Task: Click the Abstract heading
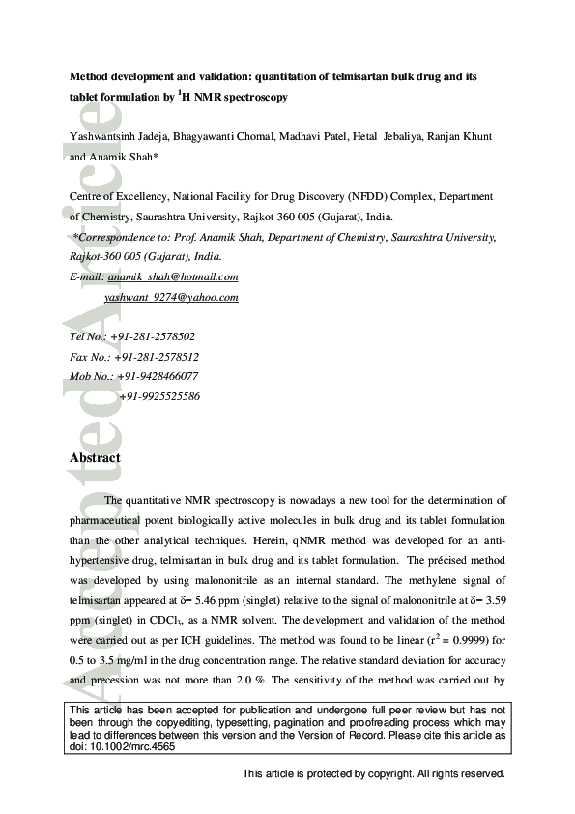95,458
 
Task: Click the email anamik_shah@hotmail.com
173,276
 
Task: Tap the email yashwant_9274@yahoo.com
171,298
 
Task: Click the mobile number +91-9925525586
159,396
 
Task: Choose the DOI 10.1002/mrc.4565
125,747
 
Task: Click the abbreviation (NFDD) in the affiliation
355,197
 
